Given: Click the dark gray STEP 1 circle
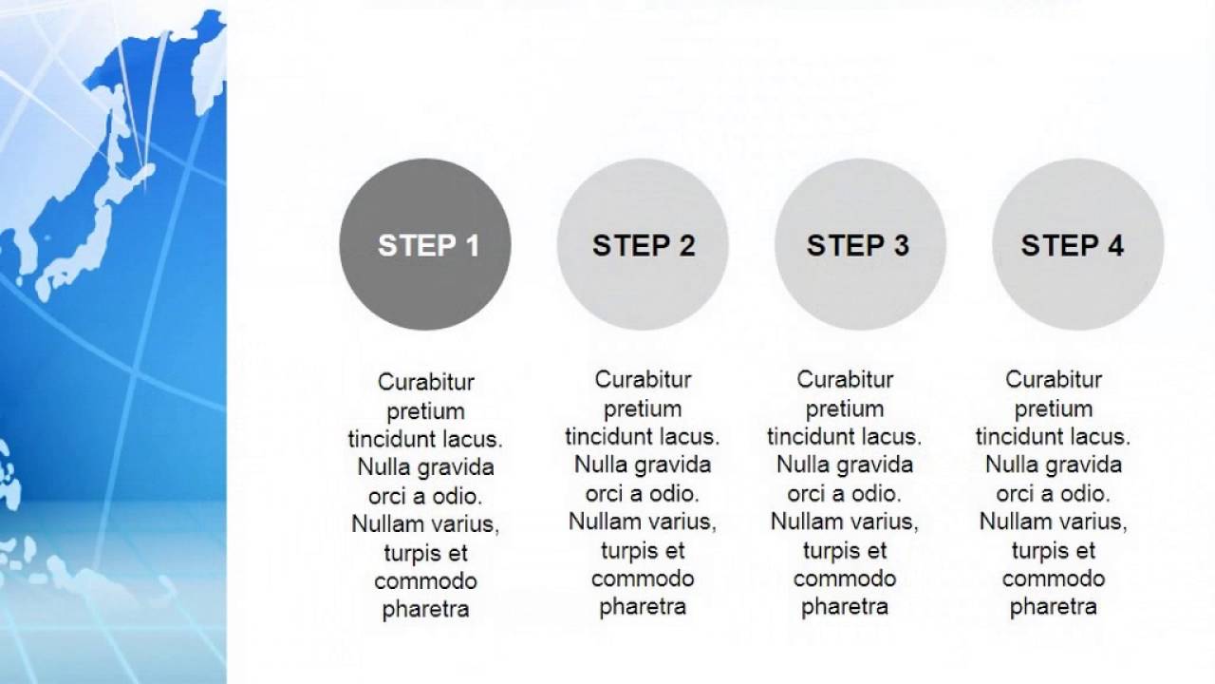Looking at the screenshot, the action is click(425, 244).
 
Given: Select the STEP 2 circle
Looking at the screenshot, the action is click(643, 244).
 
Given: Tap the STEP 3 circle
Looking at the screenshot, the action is click(860, 244).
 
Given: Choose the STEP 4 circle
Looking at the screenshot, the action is click(1078, 244).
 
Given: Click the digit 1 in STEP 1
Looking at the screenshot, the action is click(473, 246).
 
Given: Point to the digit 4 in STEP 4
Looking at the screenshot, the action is click(1115, 245).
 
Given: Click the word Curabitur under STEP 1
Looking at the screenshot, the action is click(426, 382).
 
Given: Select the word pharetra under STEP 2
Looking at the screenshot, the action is click(643, 607).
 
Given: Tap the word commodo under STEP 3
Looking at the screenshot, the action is click(845, 579).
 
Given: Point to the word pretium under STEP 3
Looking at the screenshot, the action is click(845, 409).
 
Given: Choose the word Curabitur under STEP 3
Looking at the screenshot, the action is click(845, 379).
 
